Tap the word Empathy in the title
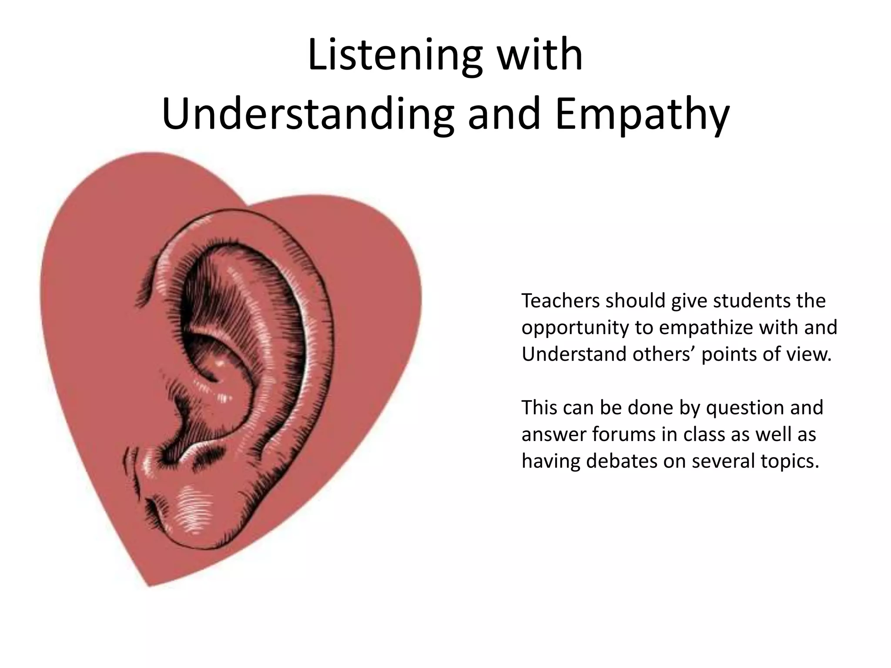tap(642, 114)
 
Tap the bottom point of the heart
tap(150, 585)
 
